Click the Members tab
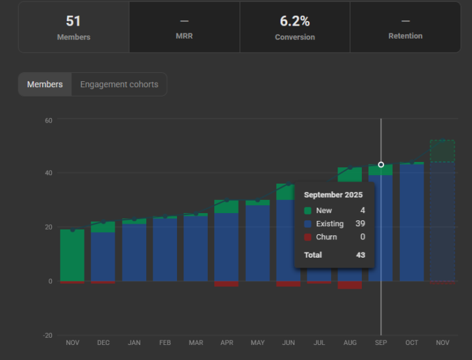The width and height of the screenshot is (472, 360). (45, 85)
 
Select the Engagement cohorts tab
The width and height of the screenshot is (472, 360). (119, 85)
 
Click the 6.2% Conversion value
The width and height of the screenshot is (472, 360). (294, 21)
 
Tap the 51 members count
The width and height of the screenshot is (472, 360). (73, 21)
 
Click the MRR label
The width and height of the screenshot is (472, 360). (184, 37)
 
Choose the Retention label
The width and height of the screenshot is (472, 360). (405, 36)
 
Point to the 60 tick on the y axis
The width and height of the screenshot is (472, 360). (49, 120)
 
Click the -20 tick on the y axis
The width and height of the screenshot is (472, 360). (48, 335)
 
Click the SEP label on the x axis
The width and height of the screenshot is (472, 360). (381, 342)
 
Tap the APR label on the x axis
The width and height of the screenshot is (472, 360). (227, 342)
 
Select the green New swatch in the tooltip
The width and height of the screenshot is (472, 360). (308, 210)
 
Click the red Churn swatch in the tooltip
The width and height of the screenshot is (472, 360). (308, 237)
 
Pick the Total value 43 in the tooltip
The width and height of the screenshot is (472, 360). (360, 255)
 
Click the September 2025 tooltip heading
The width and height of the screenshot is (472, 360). (333, 195)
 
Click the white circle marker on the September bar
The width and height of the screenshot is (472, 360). (381, 165)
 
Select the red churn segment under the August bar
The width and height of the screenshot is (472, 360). (349, 285)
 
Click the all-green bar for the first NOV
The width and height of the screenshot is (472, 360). (72, 256)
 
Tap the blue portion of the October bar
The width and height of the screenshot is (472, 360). (412, 223)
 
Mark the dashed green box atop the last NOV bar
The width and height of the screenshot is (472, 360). (442, 151)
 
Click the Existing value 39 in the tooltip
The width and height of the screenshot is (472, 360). (360, 224)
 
